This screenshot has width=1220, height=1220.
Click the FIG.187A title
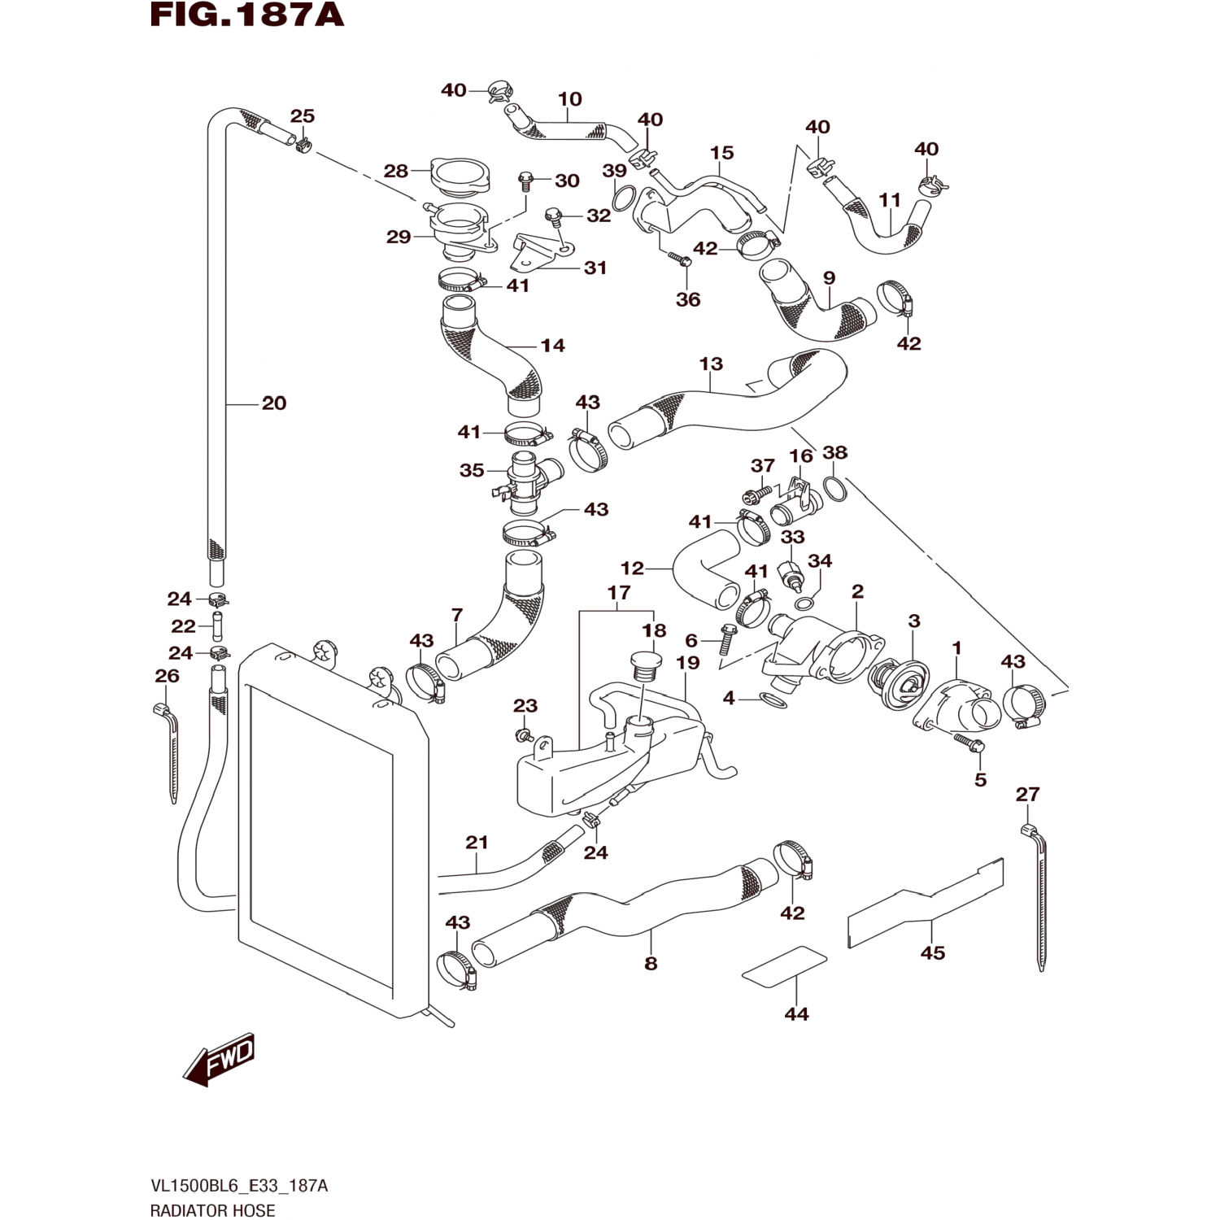pos(247,15)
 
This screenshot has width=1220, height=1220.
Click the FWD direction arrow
pos(220,1061)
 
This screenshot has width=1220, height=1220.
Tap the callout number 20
pos(274,403)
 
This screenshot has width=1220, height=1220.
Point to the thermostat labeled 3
pos(899,683)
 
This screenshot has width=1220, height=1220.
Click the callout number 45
pos(933,952)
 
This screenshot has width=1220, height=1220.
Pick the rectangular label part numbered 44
pos(785,966)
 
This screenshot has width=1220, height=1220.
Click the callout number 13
pos(711,364)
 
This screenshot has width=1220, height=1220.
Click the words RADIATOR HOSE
pos(213,1210)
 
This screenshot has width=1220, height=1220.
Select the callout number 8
pos(651,964)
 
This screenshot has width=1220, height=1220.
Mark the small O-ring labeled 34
pos(804,603)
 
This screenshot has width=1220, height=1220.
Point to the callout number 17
pos(619,593)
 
